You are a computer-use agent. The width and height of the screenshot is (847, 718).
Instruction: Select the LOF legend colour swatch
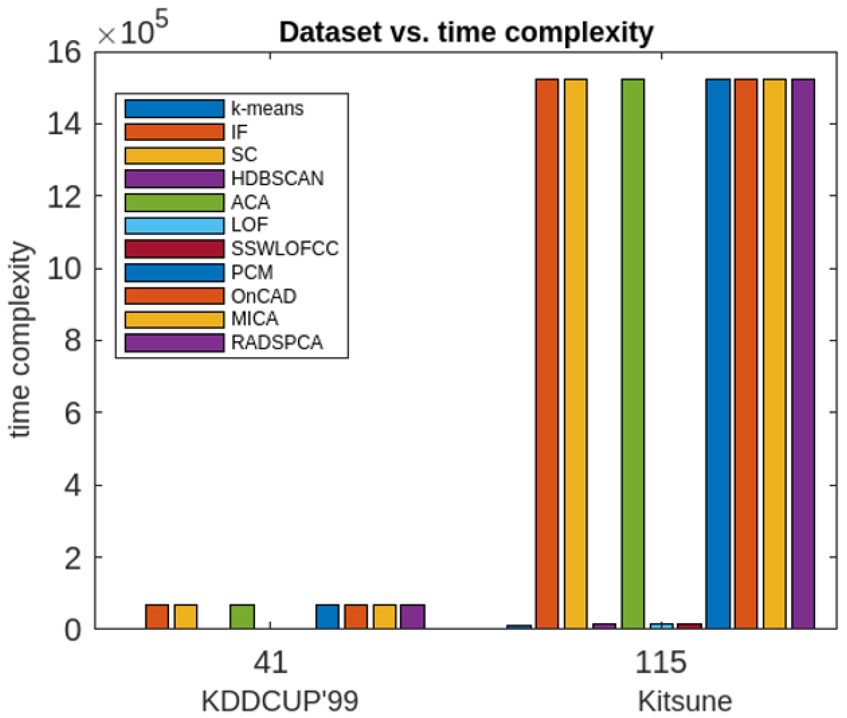point(174,225)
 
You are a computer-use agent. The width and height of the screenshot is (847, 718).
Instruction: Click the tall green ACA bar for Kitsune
point(633,354)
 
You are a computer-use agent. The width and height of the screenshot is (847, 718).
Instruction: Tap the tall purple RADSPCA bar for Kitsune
point(803,354)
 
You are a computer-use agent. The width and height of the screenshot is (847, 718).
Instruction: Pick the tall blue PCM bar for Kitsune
point(718,354)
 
